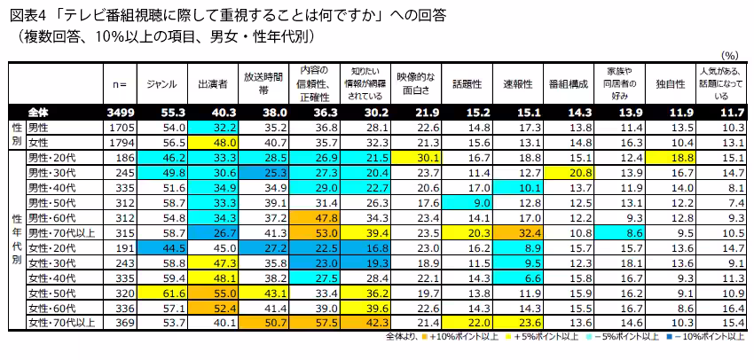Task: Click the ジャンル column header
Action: coord(162,83)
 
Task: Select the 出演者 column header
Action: coord(213,83)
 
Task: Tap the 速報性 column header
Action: coord(517,83)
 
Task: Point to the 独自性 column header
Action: coord(670,83)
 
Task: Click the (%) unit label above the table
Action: coord(731,55)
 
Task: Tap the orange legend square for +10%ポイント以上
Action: coord(425,336)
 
